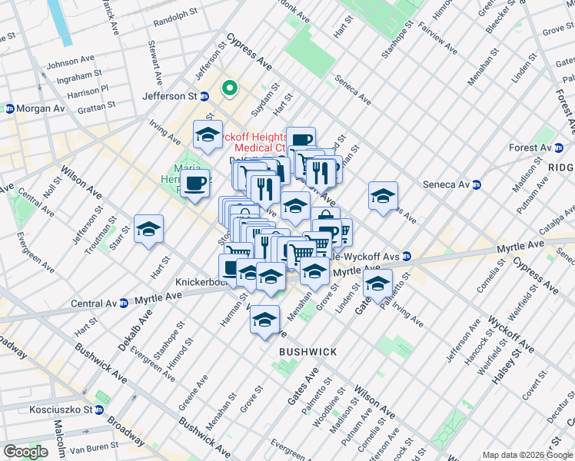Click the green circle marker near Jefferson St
click(229, 88)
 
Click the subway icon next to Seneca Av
click(477, 184)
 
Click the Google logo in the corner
click(25, 452)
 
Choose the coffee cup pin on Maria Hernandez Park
click(196, 184)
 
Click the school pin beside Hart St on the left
click(149, 230)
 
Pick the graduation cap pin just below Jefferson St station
click(207, 136)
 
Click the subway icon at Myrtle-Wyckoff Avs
click(407, 256)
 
